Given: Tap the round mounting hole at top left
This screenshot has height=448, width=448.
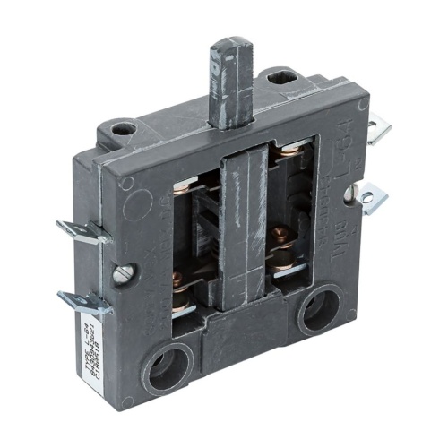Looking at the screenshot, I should (x=124, y=128).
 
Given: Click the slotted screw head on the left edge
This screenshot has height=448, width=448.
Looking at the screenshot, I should (x=122, y=273).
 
